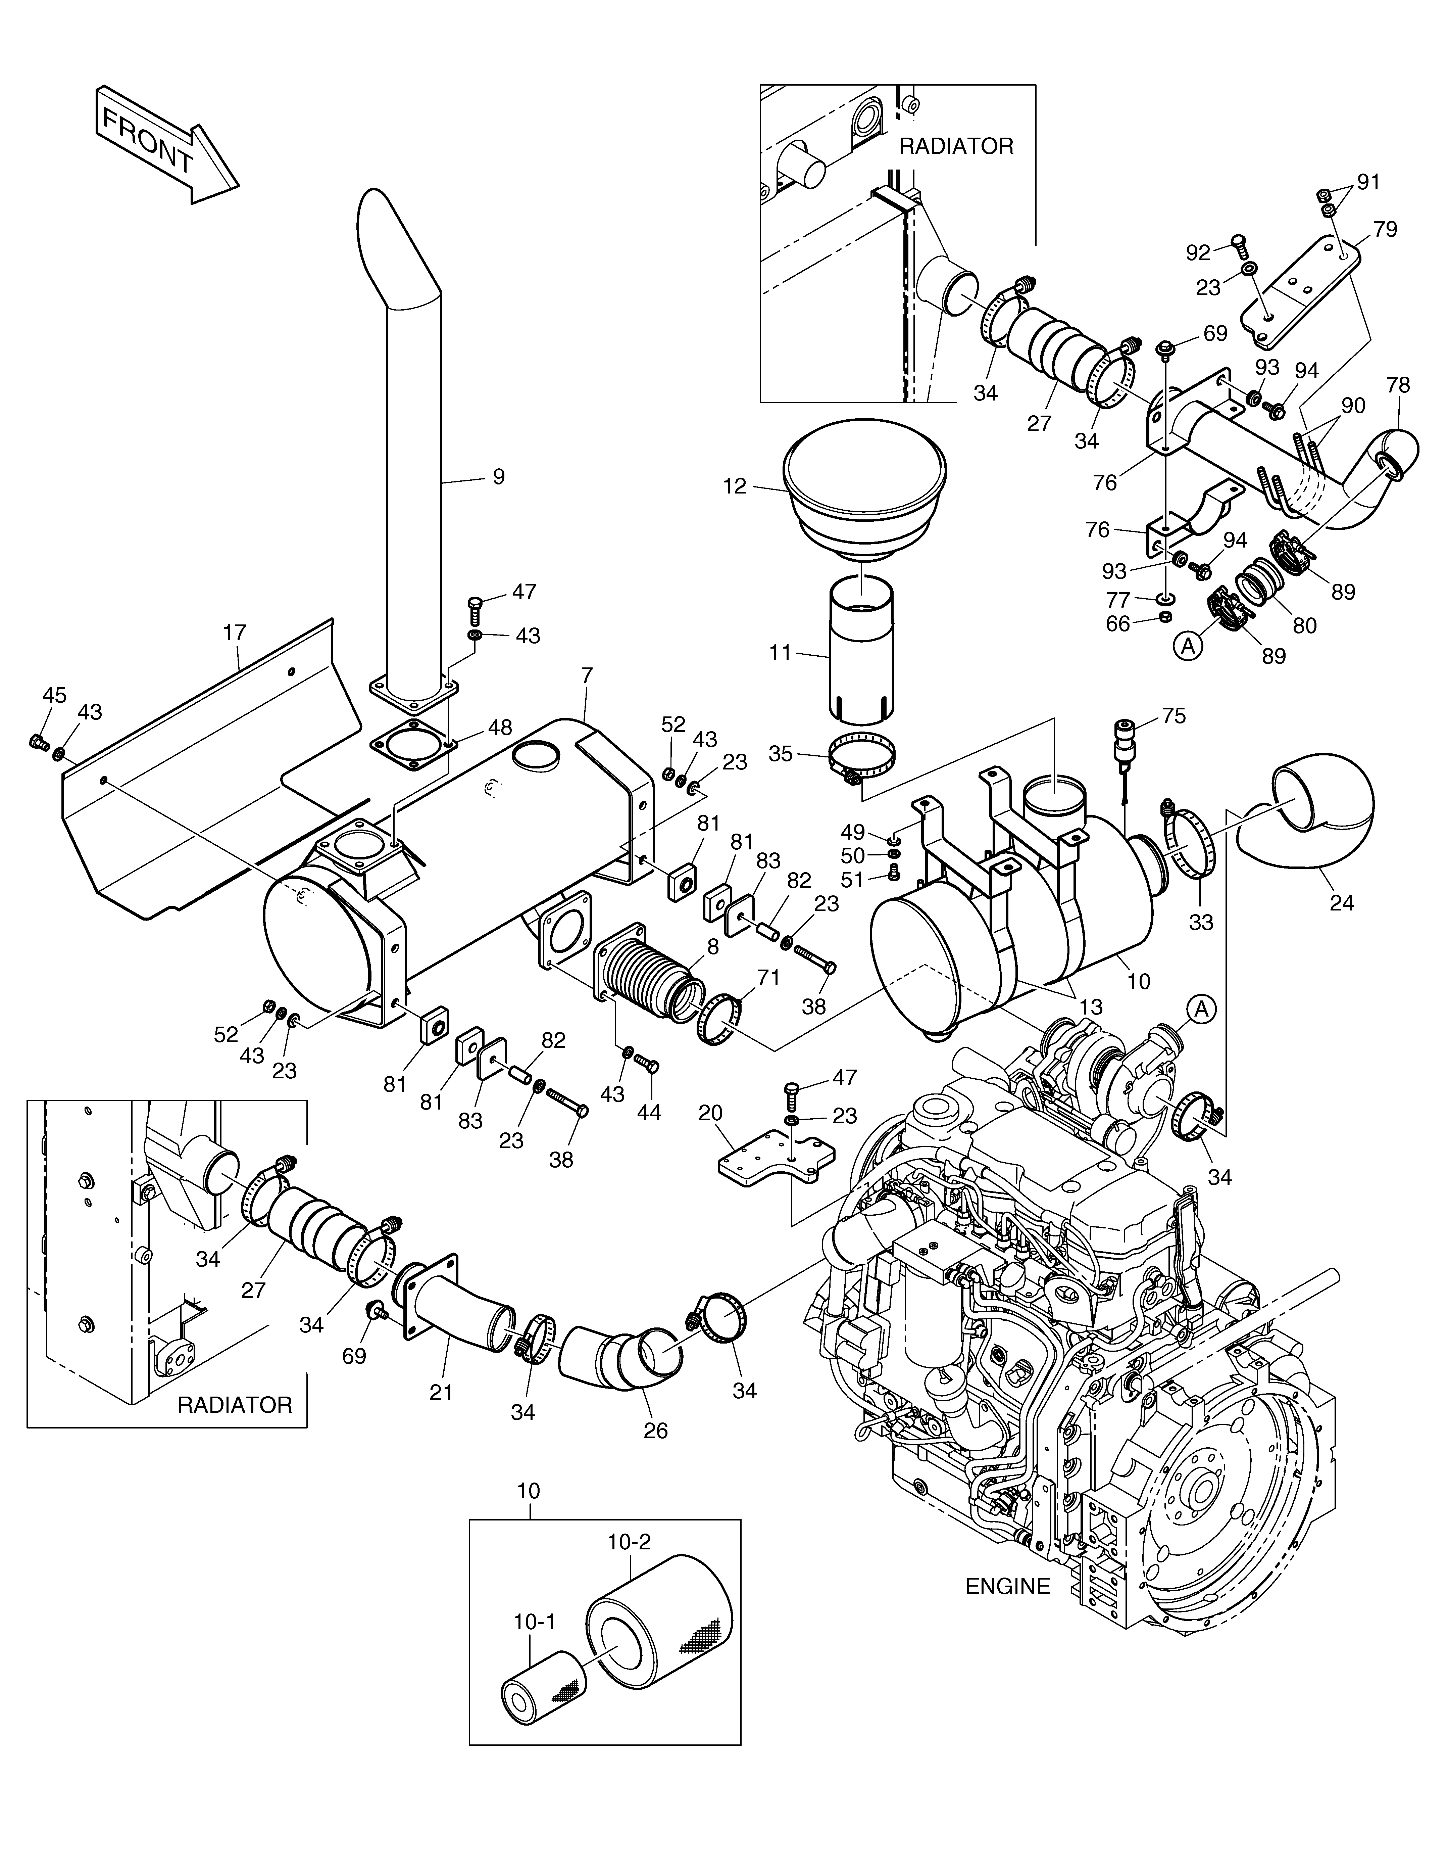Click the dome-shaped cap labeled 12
pyautogui.click(x=865, y=490)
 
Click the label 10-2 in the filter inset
pyautogui.click(x=630, y=1542)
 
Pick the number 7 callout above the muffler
pyautogui.click(x=587, y=675)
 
